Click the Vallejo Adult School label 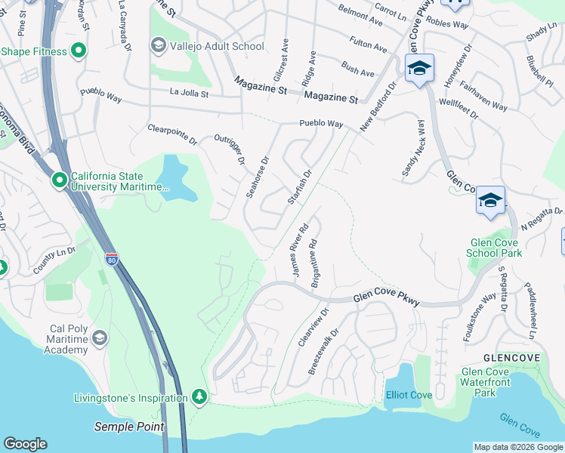tap(216, 46)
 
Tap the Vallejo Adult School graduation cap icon tap(158, 46)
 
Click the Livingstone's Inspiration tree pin tap(199, 397)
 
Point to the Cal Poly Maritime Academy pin tap(98, 341)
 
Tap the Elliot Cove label tap(409, 395)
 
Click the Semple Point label tap(128, 427)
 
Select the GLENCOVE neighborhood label tap(511, 357)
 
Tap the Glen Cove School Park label tap(496, 248)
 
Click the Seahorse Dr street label tap(257, 178)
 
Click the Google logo tap(25, 444)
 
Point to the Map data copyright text tap(518, 447)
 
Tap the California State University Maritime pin tap(59, 180)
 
